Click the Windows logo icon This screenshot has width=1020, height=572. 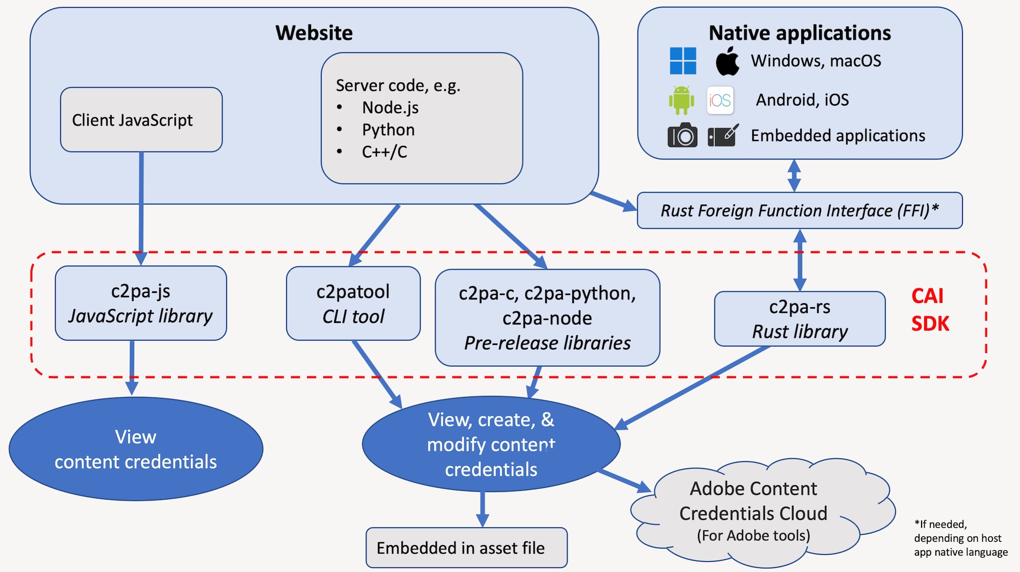683,61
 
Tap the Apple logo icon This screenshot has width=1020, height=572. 727,61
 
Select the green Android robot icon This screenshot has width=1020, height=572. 681,100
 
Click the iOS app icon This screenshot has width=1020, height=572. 720,100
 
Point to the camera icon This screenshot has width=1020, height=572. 682,135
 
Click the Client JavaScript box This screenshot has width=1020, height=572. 141,120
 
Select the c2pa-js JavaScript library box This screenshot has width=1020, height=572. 141,303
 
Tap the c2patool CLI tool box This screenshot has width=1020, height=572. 353,304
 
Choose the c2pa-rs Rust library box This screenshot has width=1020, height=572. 800,319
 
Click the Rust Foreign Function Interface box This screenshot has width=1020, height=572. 800,210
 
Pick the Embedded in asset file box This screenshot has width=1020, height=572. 467,548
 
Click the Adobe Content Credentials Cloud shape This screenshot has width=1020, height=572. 762,512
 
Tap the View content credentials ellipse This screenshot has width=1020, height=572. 136,449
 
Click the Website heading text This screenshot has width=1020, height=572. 314,33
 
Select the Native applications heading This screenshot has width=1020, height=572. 800,33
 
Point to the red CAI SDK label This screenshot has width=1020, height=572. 930,310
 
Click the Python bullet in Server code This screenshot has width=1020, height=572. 388,130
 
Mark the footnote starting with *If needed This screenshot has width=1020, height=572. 961,538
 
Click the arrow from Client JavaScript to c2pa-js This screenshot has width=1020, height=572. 141,208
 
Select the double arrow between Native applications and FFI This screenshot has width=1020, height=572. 794,176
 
